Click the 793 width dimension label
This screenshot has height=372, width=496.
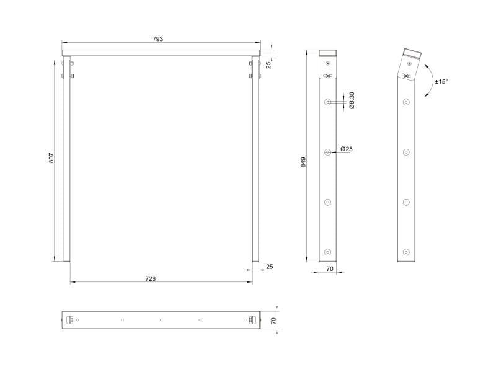157,39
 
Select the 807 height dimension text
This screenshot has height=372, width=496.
52,159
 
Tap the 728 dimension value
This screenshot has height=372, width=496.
150,278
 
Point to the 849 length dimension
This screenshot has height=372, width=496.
303,162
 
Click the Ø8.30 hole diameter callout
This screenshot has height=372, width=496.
352,100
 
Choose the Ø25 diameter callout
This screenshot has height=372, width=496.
347,149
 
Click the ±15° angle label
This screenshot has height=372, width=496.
441,81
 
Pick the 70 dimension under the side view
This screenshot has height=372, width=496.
329,270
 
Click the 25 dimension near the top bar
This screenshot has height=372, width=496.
268,65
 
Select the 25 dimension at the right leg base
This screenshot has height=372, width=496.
268,267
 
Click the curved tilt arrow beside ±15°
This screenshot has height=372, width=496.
428,81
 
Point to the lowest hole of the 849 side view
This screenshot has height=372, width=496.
328,251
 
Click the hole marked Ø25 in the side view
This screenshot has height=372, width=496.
328,151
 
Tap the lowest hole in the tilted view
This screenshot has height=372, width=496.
406,251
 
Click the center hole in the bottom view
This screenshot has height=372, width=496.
161,320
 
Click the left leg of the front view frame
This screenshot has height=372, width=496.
67,161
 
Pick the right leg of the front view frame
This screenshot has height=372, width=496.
255,161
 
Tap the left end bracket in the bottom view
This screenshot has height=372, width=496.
69,320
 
